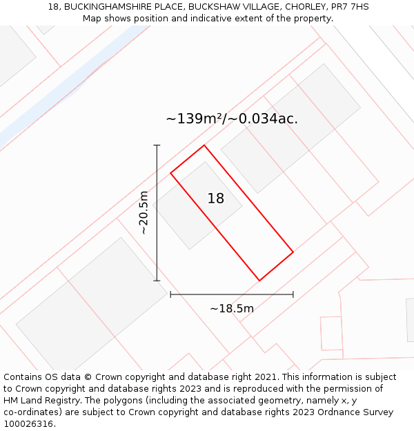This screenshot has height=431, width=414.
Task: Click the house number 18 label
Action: [x=216, y=199]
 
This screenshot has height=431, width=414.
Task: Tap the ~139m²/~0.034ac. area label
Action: [x=232, y=119]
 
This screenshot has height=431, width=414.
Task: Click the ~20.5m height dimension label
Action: [x=144, y=212]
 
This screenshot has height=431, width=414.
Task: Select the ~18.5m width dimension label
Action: [x=232, y=308]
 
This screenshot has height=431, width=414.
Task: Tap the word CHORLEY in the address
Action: [x=304, y=7]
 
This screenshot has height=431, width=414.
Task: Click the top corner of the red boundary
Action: [x=204, y=146]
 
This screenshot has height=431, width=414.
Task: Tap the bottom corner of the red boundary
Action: [x=259, y=281]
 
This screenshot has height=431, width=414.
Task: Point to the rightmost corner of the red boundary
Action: [x=293, y=252]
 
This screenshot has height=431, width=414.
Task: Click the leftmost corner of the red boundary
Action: [x=171, y=172]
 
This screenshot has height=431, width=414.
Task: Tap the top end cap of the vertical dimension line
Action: [x=157, y=146]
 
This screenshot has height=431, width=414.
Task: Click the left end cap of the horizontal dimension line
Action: [x=170, y=294]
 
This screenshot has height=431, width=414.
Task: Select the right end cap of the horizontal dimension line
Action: [x=293, y=294]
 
